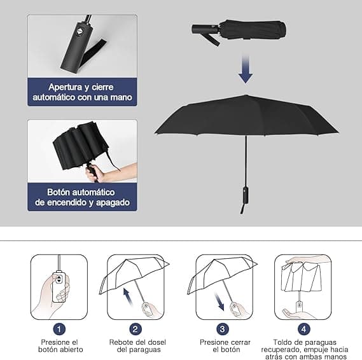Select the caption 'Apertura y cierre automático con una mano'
(82, 92)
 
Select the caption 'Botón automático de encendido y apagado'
(82, 197)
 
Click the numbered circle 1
(59, 329)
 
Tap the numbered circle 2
(135, 329)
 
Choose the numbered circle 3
(222, 329)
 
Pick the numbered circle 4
(303, 329)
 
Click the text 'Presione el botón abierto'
(59, 345)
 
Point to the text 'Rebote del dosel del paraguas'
(135, 345)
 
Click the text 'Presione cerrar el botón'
(222, 345)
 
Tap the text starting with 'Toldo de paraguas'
(303, 349)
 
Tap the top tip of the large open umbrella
(246, 96)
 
